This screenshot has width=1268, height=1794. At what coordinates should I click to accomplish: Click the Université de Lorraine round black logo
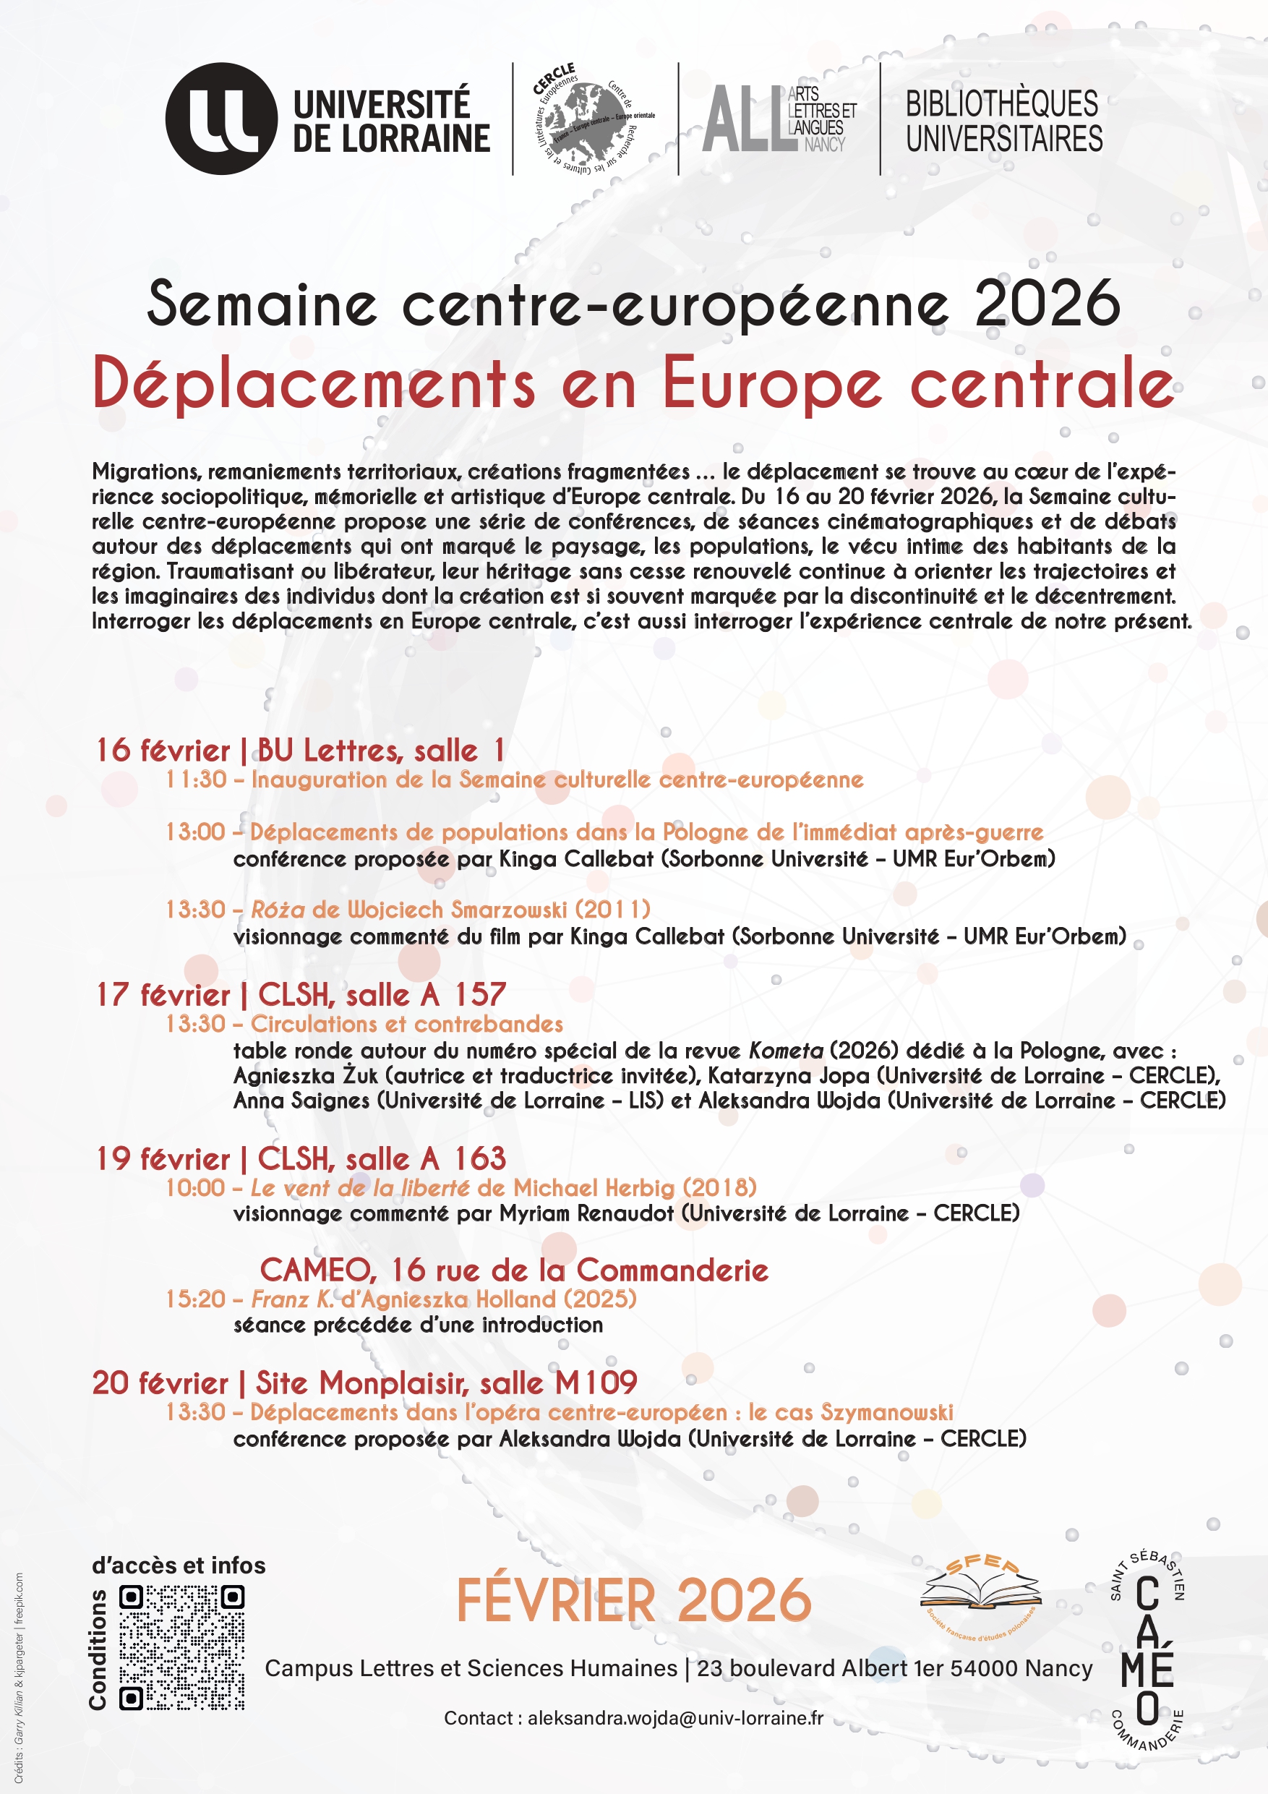pyautogui.click(x=221, y=119)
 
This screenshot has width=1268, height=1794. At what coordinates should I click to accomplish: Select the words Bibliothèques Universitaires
pyautogui.click(x=1003, y=121)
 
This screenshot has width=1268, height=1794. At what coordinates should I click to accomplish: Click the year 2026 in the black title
pyautogui.click(x=1047, y=303)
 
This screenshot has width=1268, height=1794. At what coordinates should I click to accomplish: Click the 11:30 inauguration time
pyautogui.click(x=195, y=779)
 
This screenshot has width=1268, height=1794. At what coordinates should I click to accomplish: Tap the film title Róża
pyautogui.click(x=278, y=909)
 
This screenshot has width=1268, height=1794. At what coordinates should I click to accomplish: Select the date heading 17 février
pyautogui.click(x=163, y=995)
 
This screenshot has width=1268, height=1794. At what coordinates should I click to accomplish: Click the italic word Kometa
pyautogui.click(x=785, y=1051)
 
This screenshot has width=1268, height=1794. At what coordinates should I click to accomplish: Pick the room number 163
pyautogui.click(x=481, y=1158)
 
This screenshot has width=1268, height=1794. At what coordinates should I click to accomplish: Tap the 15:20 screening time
pyautogui.click(x=195, y=1299)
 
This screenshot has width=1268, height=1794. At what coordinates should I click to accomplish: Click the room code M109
pyautogui.click(x=596, y=1383)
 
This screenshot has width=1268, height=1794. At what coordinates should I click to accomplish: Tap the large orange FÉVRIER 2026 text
pyautogui.click(x=633, y=1600)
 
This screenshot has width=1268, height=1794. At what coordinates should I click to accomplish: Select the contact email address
pyautogui.click(x=675, y=1718)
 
